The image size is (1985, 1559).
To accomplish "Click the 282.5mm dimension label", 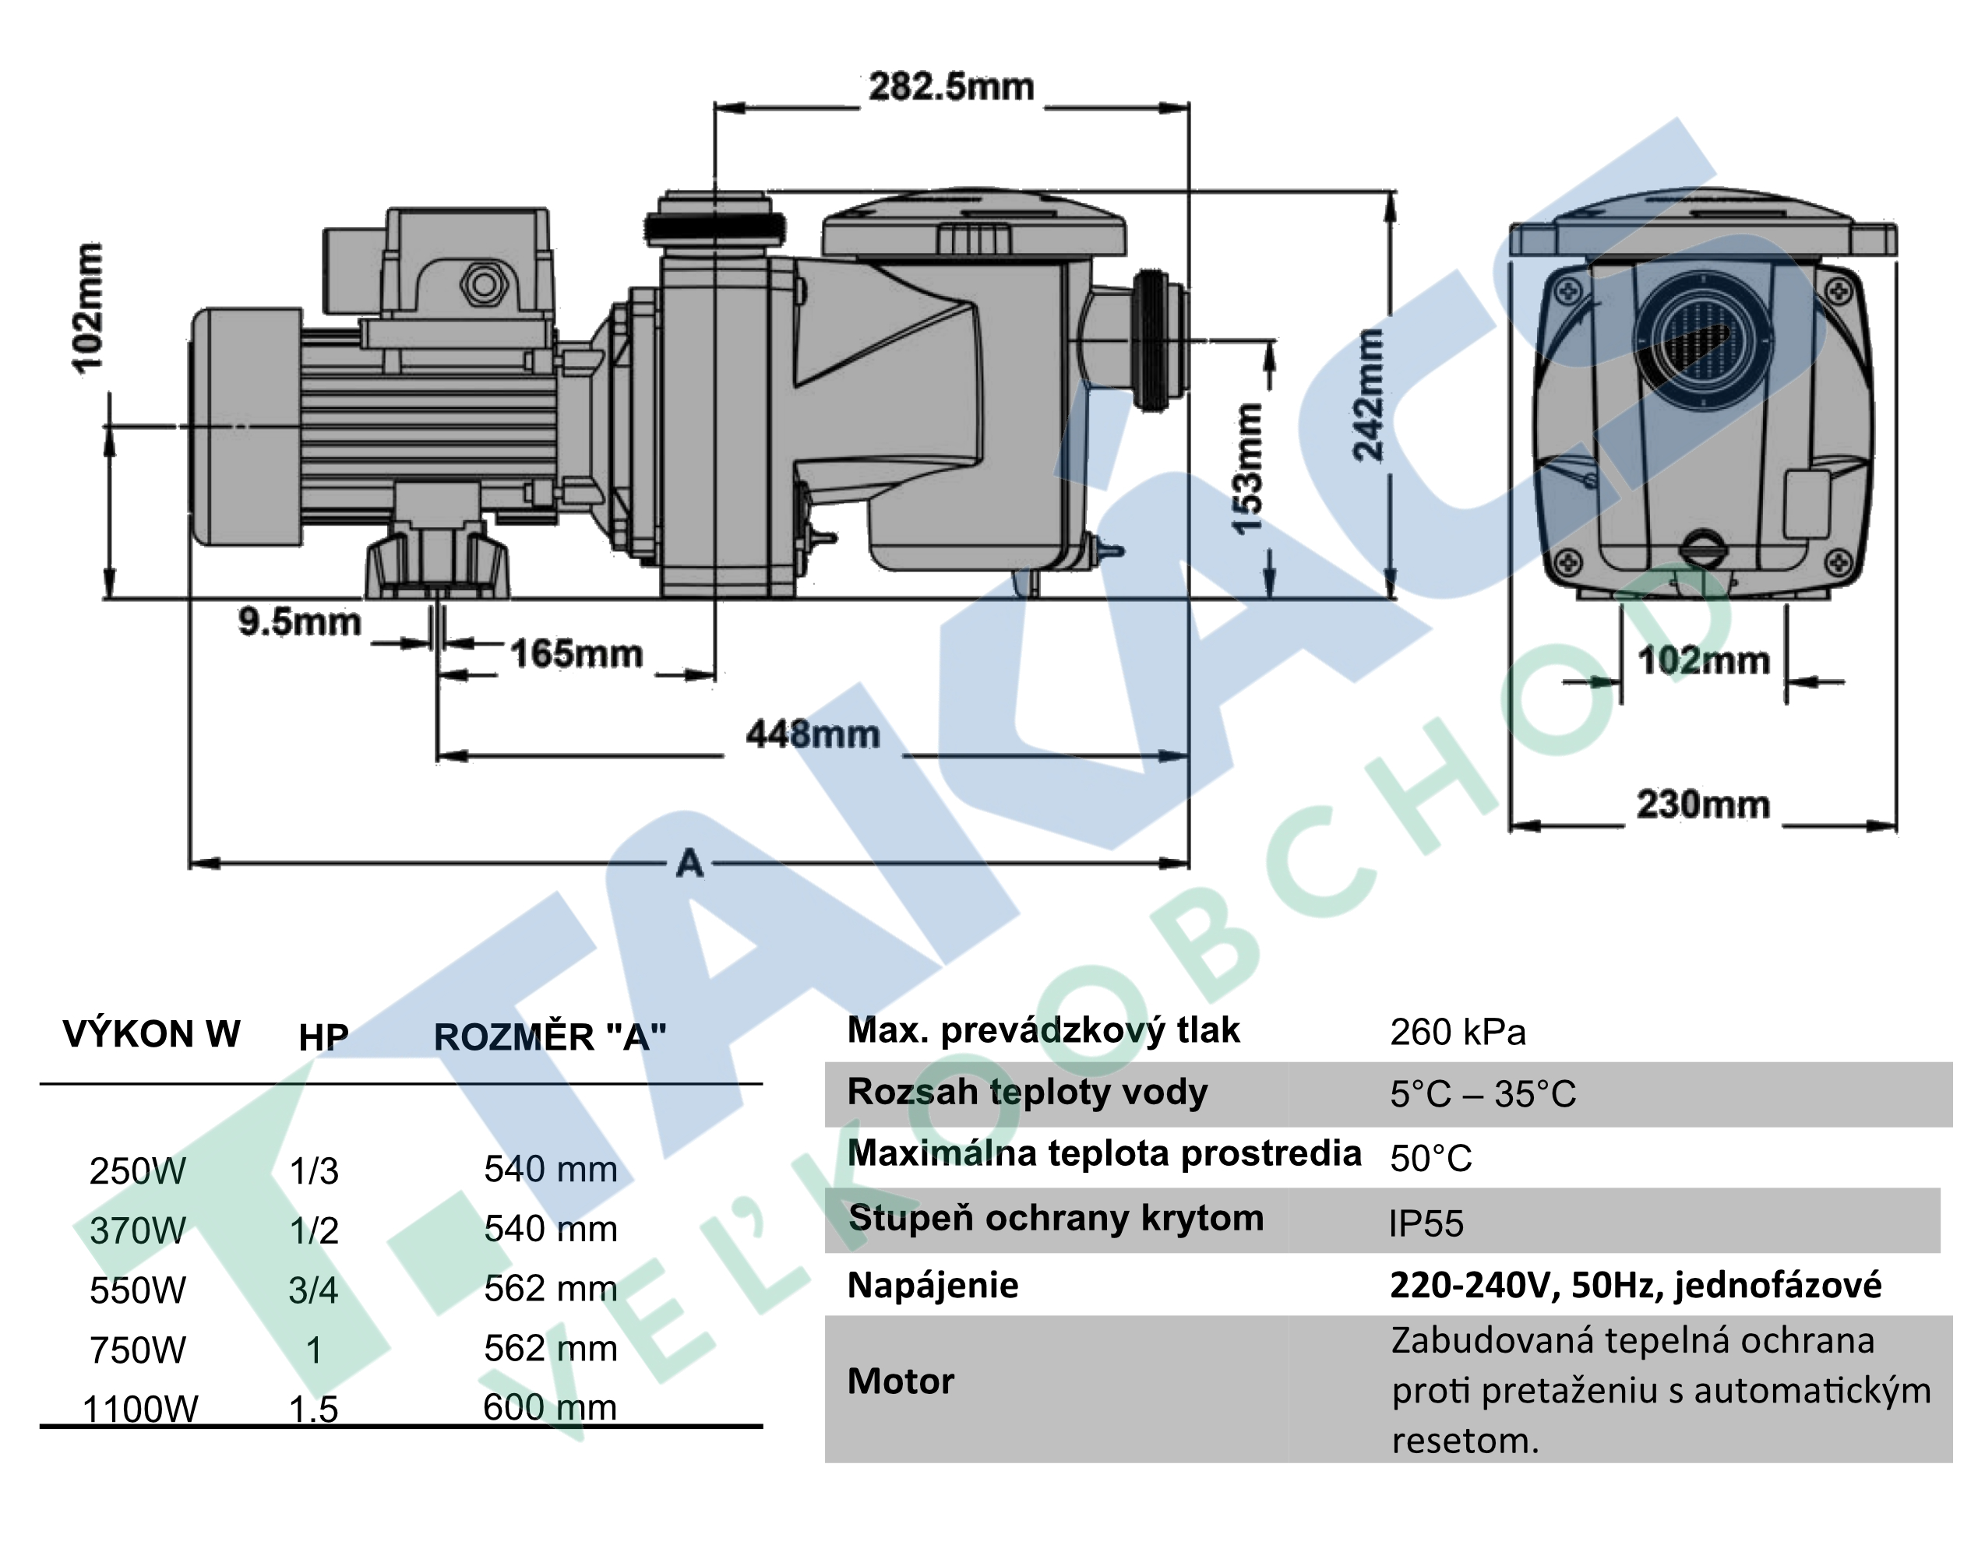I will click(x=950, y=88).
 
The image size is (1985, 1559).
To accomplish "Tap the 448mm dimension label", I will click(x=813, y=734).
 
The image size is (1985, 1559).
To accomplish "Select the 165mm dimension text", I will click(x=576, y=653).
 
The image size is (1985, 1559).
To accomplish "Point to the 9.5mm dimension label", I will click(x=299, y=621).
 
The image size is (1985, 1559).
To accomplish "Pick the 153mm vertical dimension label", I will click(x=1247, y=468).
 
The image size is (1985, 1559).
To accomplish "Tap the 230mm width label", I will click(x=1703, y=804).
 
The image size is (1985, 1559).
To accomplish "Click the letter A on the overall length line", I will click(x=689, y=863).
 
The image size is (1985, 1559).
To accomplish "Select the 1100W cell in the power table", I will click(x=139, y=1409).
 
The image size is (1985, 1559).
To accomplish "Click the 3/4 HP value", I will click(x=313, y=1290).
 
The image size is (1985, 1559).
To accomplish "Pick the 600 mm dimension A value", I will click(x=550, y=1406).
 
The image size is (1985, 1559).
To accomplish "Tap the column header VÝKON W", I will click(x=152, y=1034).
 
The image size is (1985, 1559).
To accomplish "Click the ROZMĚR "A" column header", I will click(x=550, y=1037).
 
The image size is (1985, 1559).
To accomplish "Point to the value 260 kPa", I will click(x=1458, y=1033).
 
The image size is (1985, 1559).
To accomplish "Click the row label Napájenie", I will click(x=933, y=1285).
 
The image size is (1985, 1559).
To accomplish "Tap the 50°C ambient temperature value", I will click(x=1431, y=1158).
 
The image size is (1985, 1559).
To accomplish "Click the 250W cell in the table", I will click(x=138, y=1170).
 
